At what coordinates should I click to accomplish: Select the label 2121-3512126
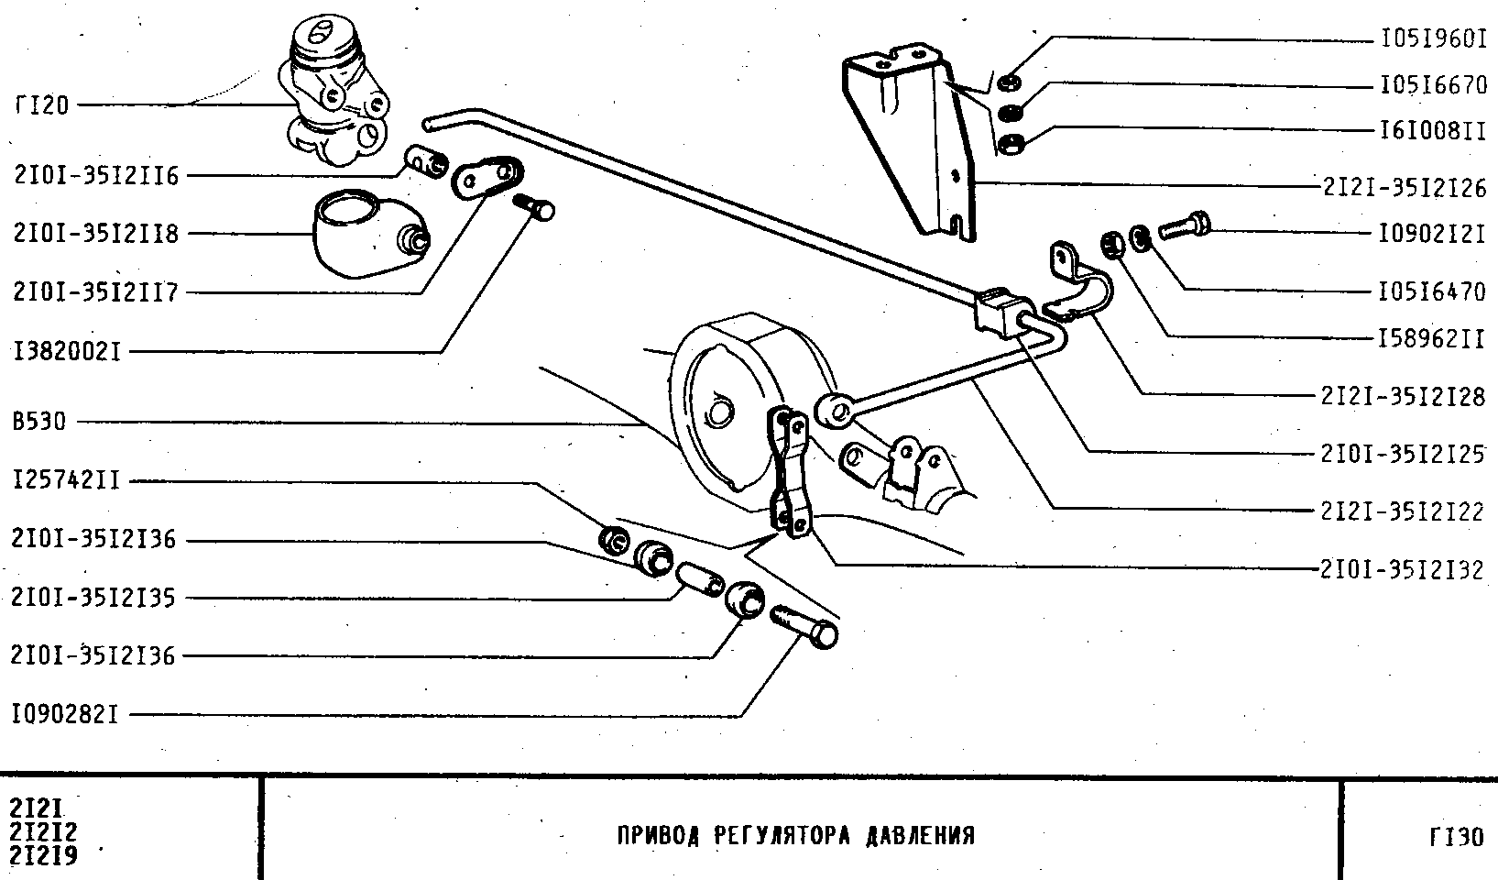point(1404,187)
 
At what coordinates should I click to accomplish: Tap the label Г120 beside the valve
point(41,105)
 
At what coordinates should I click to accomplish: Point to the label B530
point(38,423)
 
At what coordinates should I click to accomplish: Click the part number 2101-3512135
point(93,599)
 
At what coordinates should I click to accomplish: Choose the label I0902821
point(65,714)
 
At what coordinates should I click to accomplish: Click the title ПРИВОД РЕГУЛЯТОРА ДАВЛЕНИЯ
point(796,836)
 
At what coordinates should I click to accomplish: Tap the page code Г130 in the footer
point(1455,837)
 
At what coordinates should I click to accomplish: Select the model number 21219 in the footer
point(43,856)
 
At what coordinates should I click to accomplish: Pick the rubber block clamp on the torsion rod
point(1001,310)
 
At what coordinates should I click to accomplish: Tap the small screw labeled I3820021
point(535,206)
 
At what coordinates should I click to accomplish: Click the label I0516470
point(1431,291)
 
